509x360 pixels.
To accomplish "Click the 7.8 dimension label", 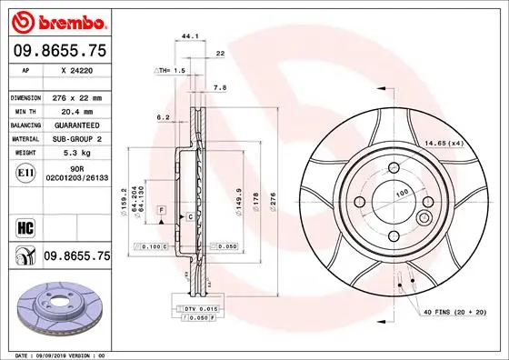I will click(220, 88).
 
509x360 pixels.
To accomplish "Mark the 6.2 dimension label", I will click(164, 116).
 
